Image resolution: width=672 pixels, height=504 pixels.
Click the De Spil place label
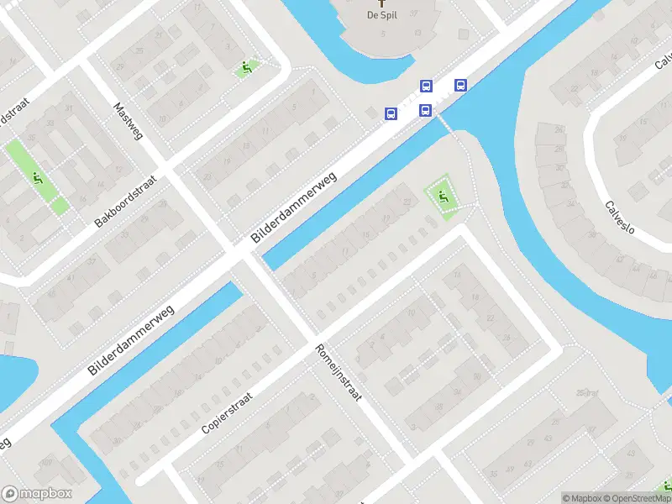click(382, 15)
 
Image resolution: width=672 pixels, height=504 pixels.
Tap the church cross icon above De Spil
click(382, 3)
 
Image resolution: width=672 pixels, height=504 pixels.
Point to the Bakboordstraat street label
click(127, 202)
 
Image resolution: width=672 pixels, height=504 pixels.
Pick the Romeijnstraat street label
click(338, 371)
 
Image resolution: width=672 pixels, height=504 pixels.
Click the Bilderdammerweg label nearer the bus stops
click(294, 209)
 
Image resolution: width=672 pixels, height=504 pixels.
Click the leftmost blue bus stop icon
click(391, 113)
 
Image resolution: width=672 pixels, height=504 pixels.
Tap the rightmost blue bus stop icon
click(460, 85)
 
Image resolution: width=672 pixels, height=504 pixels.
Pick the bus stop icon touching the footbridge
click(426, 110)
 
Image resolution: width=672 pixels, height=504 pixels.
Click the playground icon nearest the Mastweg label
click(246, 67)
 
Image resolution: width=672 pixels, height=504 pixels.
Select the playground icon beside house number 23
click(443, 198)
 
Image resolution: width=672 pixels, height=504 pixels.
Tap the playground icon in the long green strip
click(37, 177)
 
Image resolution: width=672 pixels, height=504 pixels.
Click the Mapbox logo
click(36, 494)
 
